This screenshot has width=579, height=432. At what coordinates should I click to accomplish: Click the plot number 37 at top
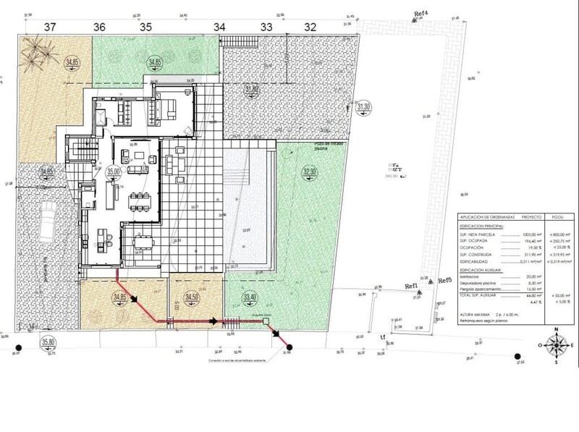click(x=50, y=26)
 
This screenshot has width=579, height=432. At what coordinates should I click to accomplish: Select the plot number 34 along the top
click(x=220, y=26)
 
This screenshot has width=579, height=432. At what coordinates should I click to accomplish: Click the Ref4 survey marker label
click(x=420, y=14)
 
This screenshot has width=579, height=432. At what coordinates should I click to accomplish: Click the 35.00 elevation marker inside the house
click(x=113, y=171)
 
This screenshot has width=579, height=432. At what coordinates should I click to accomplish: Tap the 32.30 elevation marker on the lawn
click(x=310, y=171)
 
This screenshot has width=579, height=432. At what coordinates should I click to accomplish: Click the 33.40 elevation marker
click(x=250, y=297)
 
